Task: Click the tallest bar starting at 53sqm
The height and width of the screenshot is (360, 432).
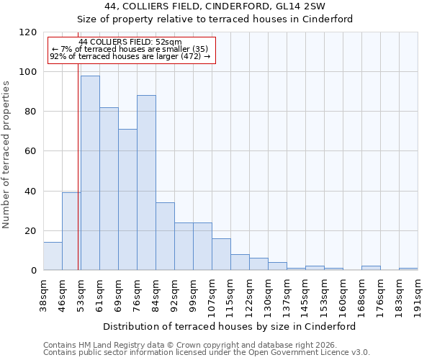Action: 90,173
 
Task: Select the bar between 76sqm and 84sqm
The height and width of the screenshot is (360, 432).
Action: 146,183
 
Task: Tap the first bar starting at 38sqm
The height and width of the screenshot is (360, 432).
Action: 53,256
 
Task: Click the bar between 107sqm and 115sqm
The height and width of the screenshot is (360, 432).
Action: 221,254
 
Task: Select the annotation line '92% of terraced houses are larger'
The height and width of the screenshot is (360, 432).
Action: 130,56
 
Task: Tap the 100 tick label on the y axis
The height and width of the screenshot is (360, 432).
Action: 29,72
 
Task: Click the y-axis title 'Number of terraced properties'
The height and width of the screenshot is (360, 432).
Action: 7,155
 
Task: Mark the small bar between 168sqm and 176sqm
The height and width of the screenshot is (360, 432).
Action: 371,268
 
